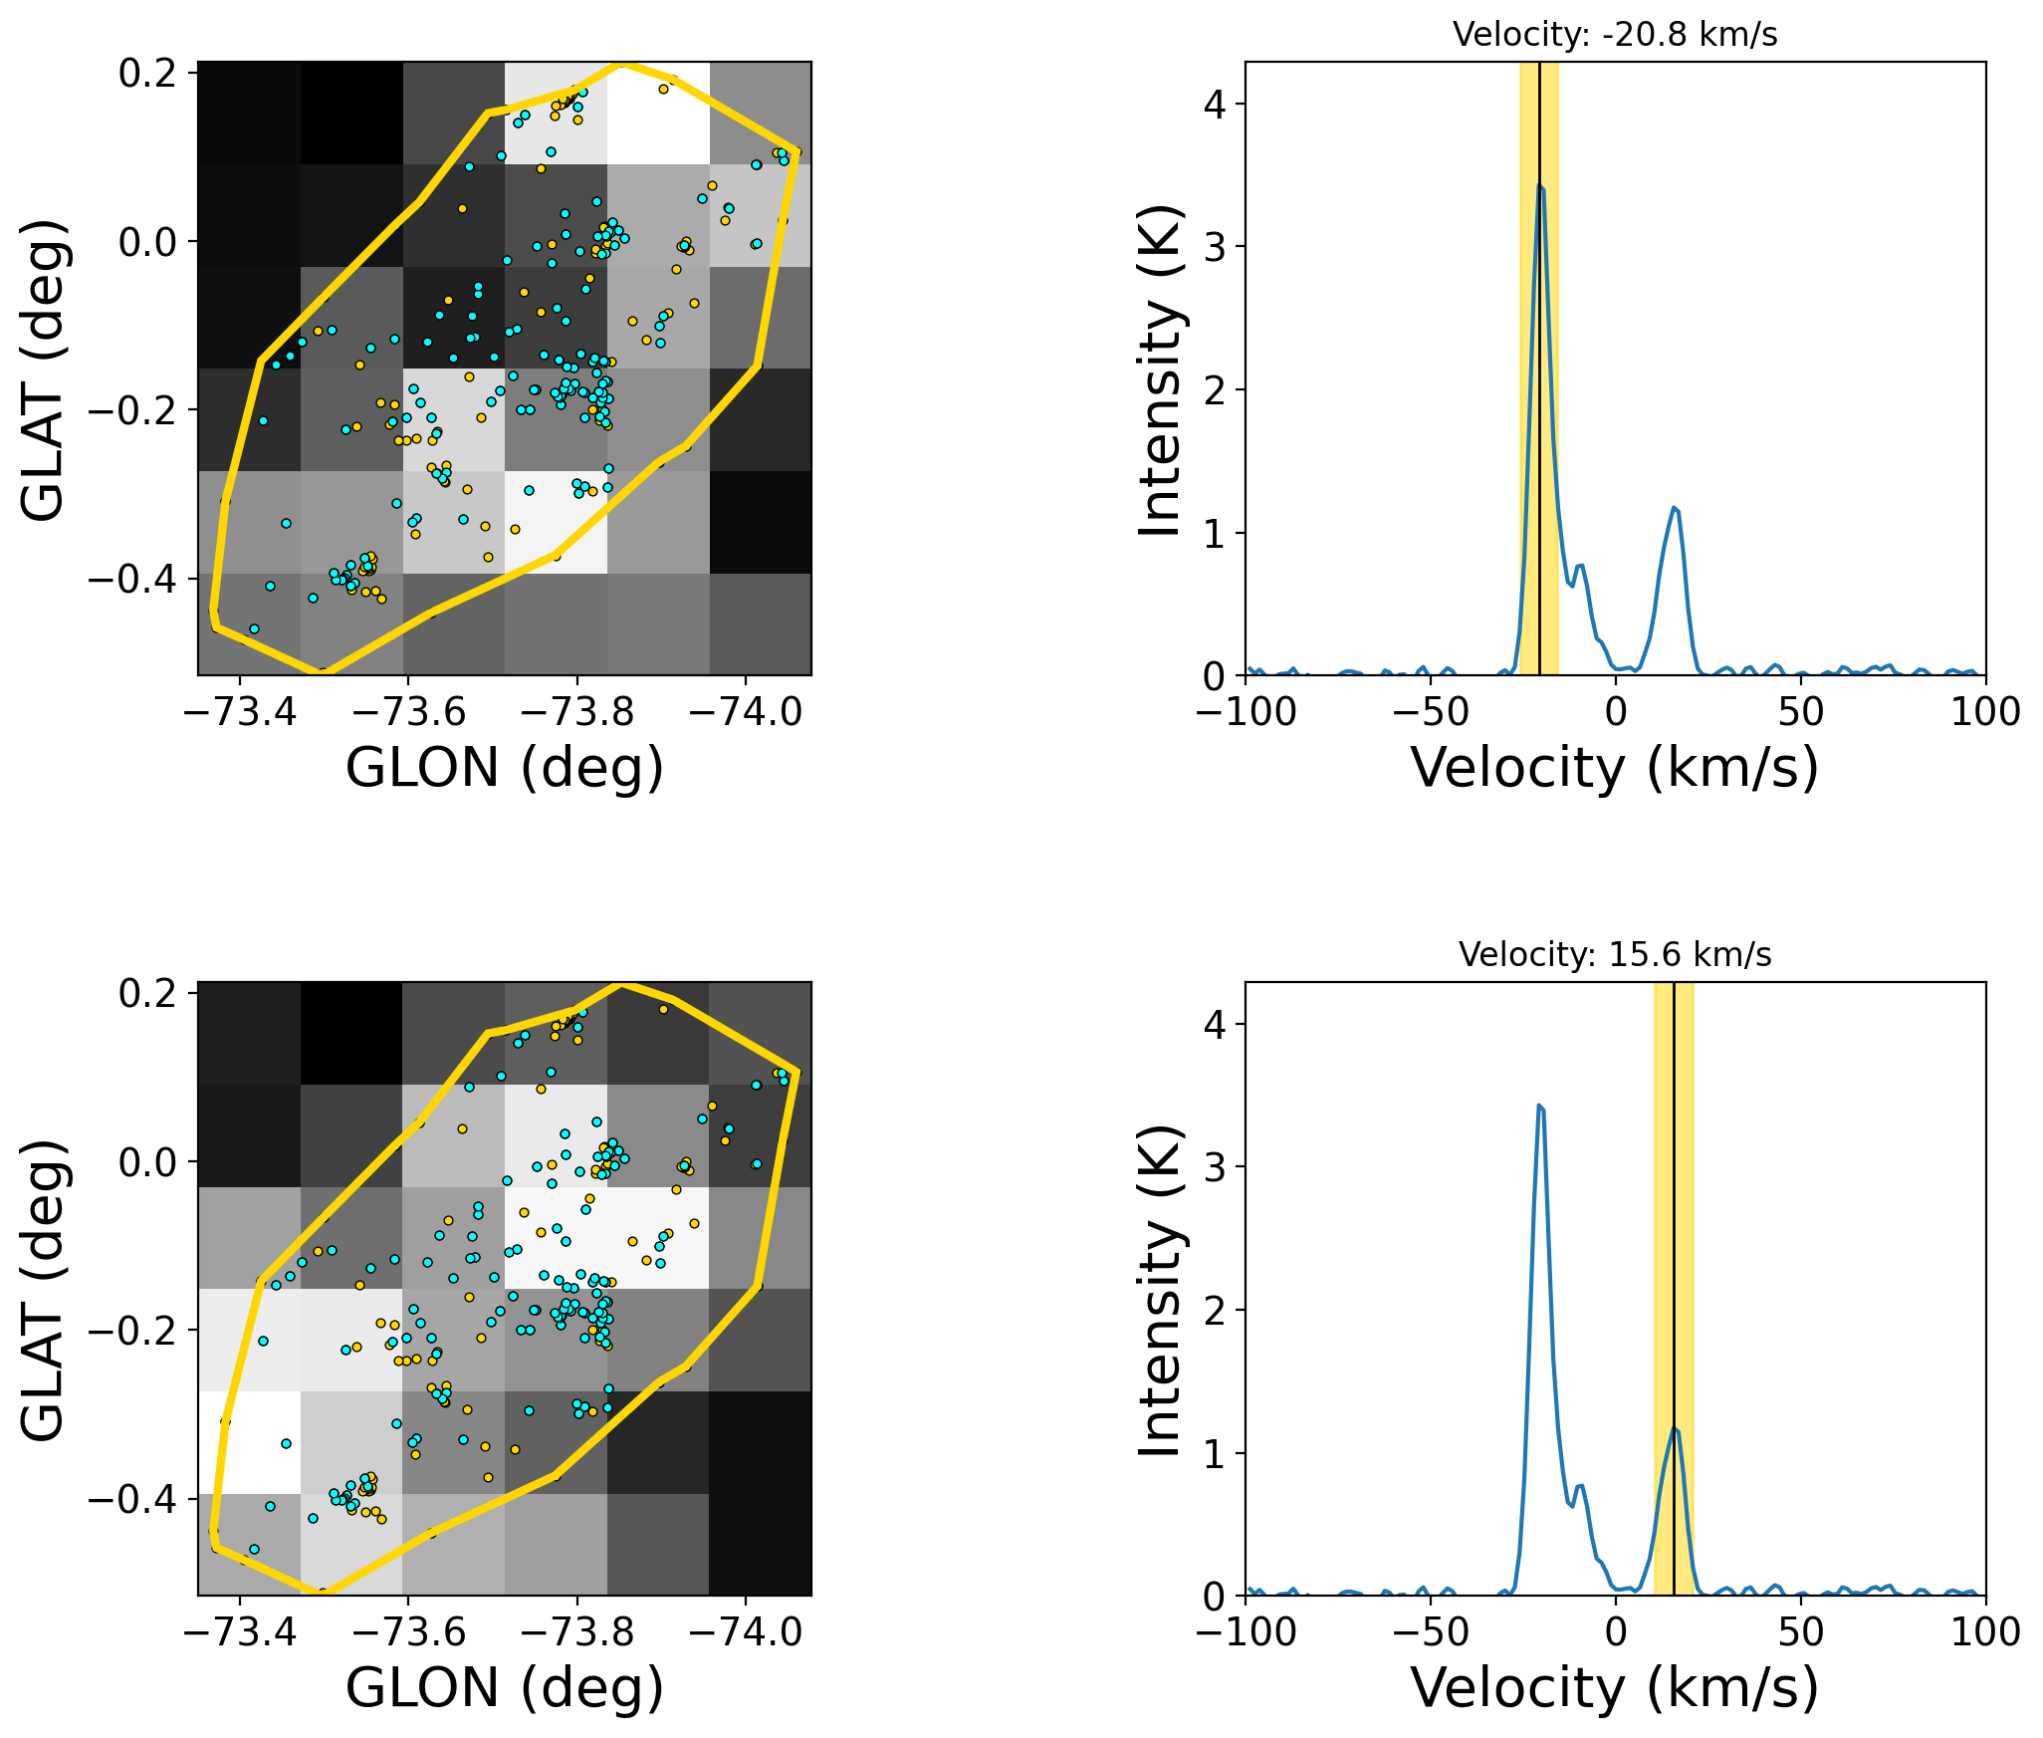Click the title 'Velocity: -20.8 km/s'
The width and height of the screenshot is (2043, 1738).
coord(1615,35)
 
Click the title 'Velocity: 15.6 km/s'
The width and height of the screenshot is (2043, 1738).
coord(1615,955)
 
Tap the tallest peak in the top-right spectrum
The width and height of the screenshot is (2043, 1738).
coord(1539,185)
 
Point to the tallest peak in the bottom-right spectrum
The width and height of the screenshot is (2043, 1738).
coord(1539,1106)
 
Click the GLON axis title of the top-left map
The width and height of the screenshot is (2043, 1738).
coord(504,768)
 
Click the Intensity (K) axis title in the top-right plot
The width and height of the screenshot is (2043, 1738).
coord(1161,370)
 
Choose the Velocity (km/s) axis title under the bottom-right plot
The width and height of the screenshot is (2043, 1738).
coord(1615,1688)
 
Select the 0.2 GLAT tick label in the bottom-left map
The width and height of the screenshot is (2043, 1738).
coord(148,994)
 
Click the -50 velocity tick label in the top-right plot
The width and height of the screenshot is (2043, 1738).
coord(1430,713)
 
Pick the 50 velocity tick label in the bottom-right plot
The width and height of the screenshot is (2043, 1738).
coord(1800,1633)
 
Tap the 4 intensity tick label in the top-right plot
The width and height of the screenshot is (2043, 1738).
coord(1214,105)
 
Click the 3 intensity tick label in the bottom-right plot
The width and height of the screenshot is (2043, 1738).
coord(1214,1167)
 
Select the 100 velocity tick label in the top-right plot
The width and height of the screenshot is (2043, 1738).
coord(1985,713)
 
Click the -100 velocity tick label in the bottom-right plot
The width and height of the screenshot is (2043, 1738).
coord(1245,1633)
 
